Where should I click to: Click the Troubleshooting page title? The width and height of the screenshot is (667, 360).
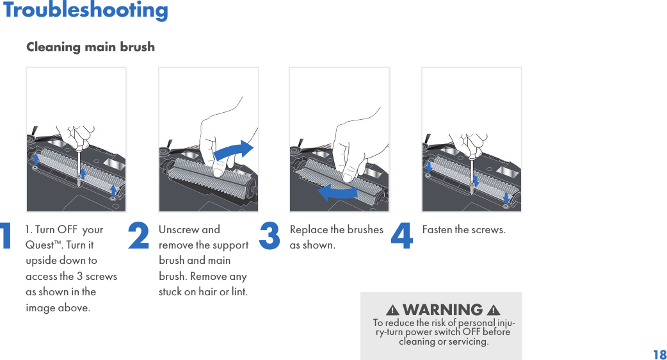point(85,10)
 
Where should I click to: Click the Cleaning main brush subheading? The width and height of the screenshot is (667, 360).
point(91,47)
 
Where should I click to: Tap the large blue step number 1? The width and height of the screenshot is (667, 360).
point(6,235)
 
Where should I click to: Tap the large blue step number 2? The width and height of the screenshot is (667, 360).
point(139,235)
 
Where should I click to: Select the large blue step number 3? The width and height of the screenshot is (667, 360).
point(269,235)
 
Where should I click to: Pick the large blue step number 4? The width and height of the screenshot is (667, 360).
point(401,235)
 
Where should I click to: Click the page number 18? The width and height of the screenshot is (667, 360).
point(660,354)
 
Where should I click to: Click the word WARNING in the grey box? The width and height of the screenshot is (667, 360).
point(443,309)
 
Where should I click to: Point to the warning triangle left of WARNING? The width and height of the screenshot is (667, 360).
point(392,310)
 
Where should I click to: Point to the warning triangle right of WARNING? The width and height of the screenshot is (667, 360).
point(494,310)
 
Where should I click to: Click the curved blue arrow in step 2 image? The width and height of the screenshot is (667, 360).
point(233,150)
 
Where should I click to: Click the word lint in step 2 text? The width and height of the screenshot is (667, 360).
point(239,292)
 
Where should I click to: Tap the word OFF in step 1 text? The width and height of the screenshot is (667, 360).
point(67,230)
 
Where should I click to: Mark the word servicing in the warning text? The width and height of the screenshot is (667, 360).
point(470,341)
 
